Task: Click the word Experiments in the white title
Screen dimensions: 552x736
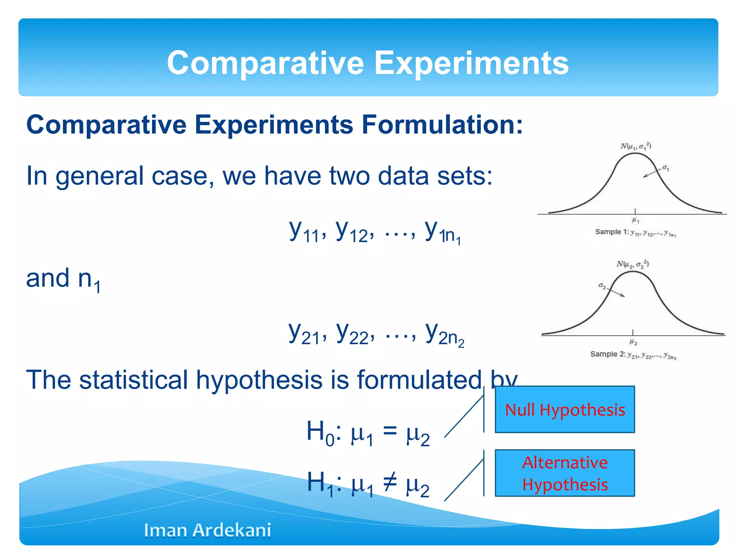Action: (x=471, y=63)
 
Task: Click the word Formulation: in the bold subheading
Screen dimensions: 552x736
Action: (x=442, y=125)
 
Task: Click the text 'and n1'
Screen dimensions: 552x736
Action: (x=63, y=279)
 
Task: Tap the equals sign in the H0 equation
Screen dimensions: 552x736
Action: (x=390, y=430)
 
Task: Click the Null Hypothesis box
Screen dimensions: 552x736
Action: (x=565, y=409)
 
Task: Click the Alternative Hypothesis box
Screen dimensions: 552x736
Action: (x=565, y=473)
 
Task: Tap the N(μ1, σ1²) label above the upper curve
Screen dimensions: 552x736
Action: (x=635, y=146)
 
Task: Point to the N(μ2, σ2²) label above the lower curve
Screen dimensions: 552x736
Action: (x=632, y=264)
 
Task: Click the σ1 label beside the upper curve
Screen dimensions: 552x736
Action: (x=666, y=168)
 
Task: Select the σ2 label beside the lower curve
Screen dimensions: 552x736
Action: (x=602, y=286)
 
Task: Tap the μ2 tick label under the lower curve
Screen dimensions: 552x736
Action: (x=633, y=342)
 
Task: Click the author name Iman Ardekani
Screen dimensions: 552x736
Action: (x=207, y=530)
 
